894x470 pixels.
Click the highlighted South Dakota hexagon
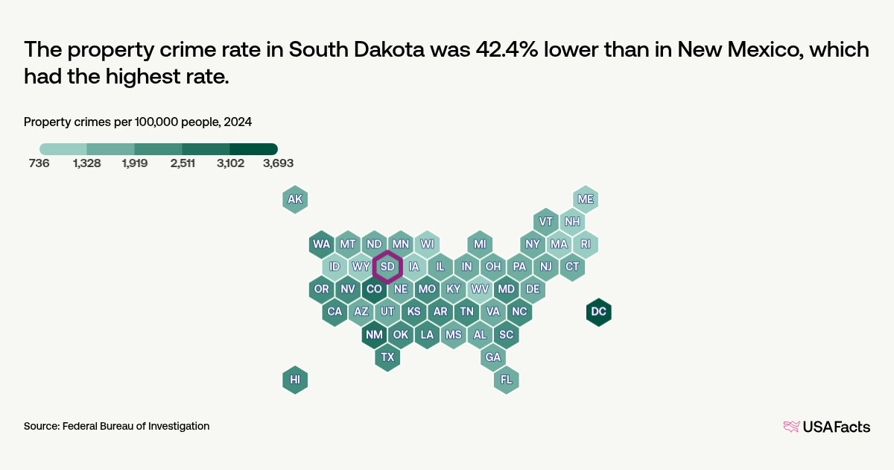(387, 266)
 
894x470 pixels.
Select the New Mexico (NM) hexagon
(374, 334)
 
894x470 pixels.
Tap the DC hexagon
(598, 312)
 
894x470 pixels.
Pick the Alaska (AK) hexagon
(295, 199)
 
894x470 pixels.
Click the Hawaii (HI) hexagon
(295, 380)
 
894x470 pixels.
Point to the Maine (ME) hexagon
(586, 199)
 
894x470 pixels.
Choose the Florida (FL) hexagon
(506, 380)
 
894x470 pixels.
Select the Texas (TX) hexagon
(387, 357)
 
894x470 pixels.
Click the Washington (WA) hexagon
(322, 244)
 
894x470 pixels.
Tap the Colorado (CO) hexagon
(374, 289)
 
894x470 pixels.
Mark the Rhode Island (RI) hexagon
(586, 244)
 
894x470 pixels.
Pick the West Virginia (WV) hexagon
(480, 289)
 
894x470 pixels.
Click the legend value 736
(39, 163)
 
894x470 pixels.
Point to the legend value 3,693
(278, 163)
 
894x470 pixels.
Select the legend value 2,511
(183, 163)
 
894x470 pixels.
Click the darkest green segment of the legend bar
(253, 148)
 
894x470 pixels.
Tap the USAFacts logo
(826, 427)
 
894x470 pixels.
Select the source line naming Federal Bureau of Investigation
(116, 426)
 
